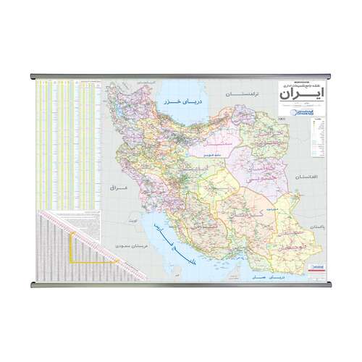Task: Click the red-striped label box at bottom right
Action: [x=316, y=268]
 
